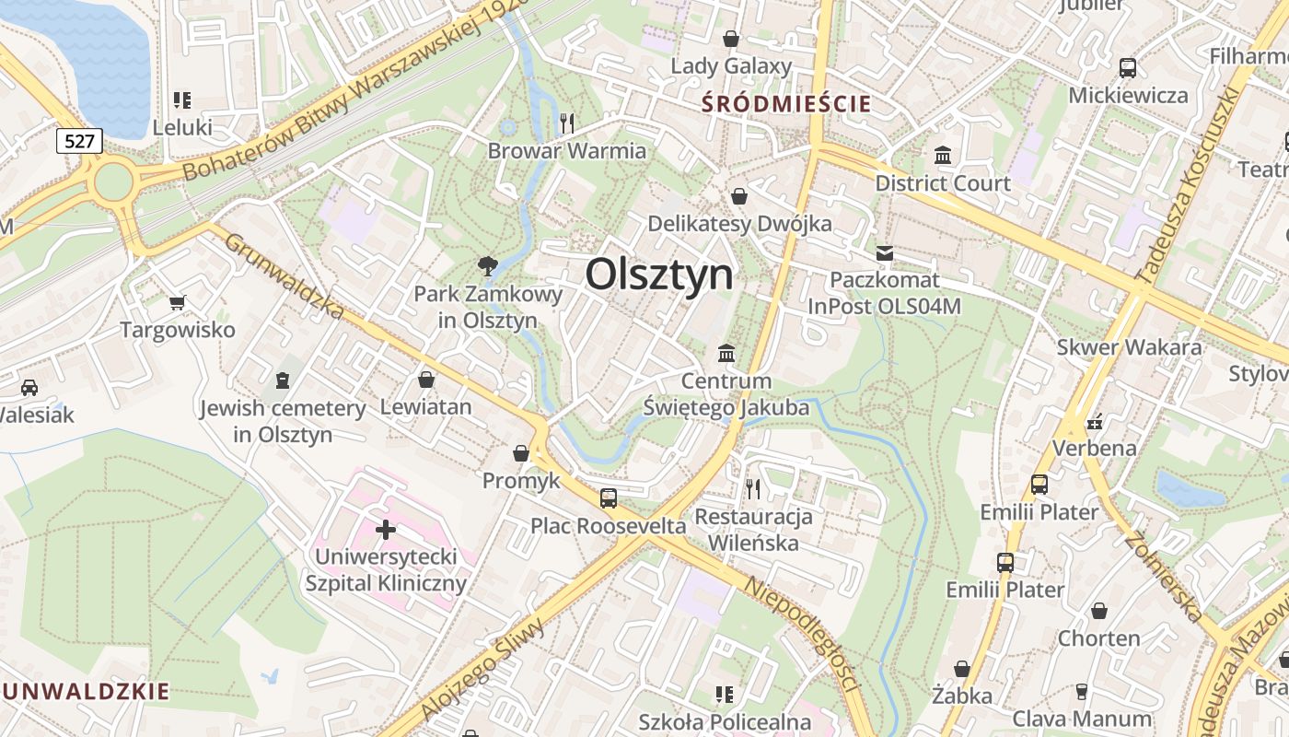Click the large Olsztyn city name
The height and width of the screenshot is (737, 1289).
pos(659,274)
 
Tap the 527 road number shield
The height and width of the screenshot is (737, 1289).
pos(79,141)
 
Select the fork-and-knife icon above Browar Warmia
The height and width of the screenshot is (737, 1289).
pos(567,123)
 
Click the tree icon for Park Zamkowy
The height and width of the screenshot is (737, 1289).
pos(487,266)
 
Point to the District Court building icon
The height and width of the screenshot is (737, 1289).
pos(942,155)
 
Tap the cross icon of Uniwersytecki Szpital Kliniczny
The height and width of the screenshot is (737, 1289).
pos(386,530)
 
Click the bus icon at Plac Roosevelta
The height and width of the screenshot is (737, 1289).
pos(608,498)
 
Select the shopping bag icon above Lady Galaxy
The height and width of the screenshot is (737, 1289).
pos(731,39)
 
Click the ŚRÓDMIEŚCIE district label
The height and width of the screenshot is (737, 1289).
pos(785,103)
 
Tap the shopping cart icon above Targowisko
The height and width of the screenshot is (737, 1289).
pos(178,302)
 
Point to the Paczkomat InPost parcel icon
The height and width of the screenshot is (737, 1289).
pos(885,252)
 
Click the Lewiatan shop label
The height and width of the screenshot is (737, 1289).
pos(425,406)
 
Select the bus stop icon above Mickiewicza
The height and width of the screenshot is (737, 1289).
pos(1127,67)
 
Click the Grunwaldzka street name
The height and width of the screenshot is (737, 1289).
pos(285,275)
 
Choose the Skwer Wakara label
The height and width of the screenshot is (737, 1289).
pos(1129,347)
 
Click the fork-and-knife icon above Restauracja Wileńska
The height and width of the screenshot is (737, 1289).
pos(753,488)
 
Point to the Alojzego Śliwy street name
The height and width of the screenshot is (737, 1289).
pos(482,669)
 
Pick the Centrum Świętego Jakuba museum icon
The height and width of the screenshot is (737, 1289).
pos(726,353)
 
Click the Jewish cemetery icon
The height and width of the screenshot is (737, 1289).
pos(283,380)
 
